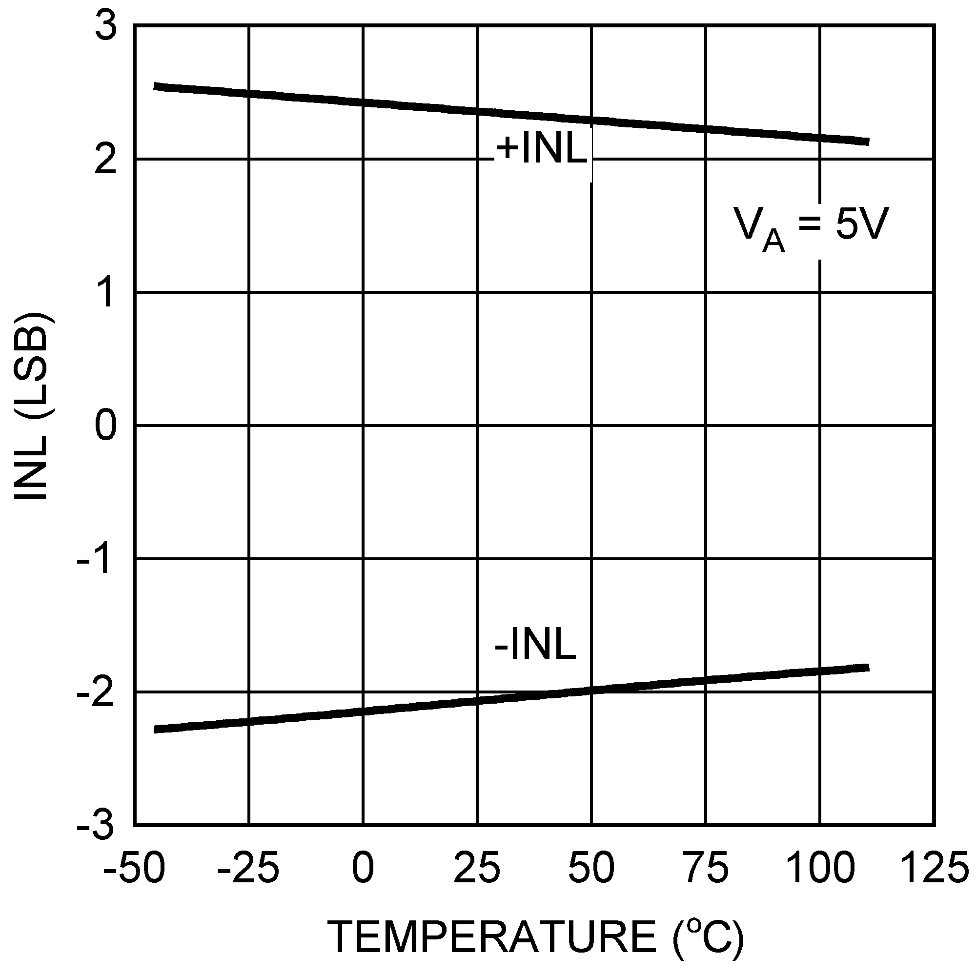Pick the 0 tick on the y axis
pyautogui.click(x=105, y=426)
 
